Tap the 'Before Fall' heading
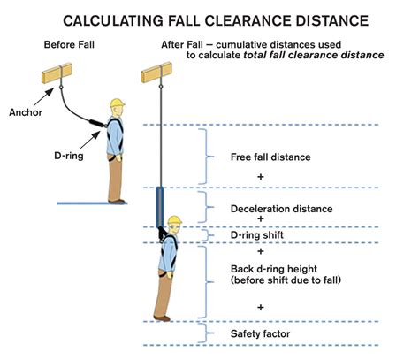pyautogui.click(x=70, y=43)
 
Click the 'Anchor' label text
pyautogui.click(x=24, y=112)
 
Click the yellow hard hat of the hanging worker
pyautogui.click(x=174, y=220)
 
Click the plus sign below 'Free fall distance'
pyautogui.click(x=261, y=177)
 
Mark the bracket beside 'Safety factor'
pyautogui.click(x=209, y=333)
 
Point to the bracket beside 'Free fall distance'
pyautogui.click(x=209, y=157)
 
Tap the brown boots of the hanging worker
pyautogui.click(x=161, y=317)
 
